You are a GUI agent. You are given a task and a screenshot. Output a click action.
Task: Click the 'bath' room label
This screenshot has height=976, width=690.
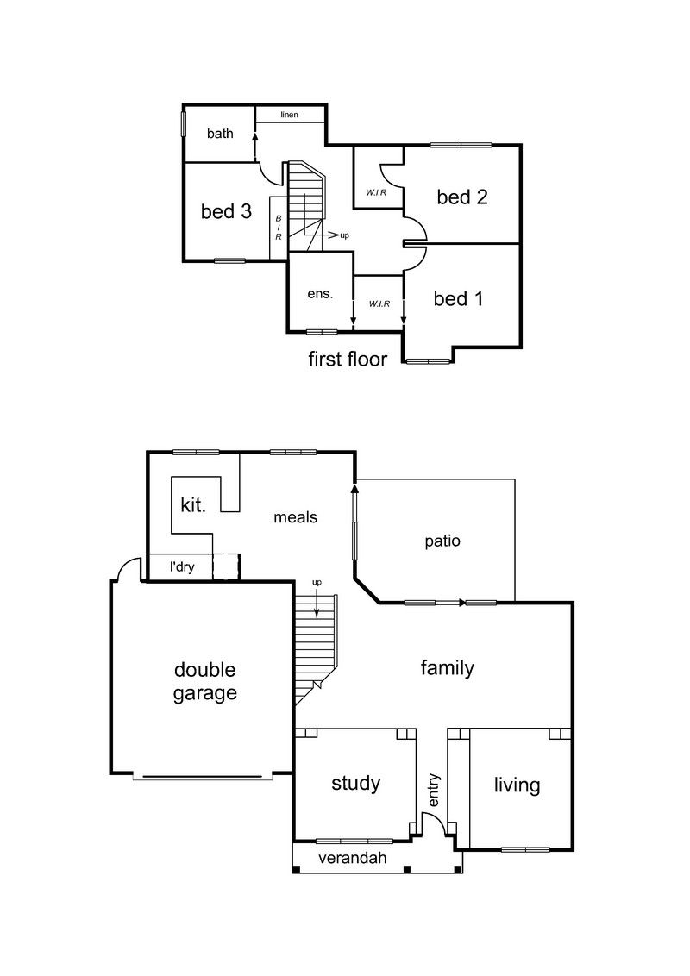point(220,133)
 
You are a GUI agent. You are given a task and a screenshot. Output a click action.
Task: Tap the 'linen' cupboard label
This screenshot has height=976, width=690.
point(289,115)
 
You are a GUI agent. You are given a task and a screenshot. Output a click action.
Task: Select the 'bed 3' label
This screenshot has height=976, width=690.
point(226,211)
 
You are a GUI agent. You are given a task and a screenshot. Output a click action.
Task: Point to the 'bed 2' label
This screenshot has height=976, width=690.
point(462,197)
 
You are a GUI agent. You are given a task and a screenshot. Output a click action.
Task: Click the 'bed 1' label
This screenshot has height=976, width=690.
point(458,299)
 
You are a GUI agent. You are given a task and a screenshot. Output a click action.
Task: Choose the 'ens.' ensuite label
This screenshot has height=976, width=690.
point(320,294)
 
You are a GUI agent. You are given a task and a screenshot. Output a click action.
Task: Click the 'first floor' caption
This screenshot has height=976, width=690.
point(348,360)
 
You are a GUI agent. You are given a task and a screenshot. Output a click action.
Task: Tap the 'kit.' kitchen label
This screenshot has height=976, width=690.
point(193,504)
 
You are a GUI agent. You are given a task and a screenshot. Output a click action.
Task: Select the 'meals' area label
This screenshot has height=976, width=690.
point(295,517)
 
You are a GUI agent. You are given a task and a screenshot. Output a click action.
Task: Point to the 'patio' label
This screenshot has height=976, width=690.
point(442,541)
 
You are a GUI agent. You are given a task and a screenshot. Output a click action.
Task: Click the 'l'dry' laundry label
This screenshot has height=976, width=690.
point(182,567)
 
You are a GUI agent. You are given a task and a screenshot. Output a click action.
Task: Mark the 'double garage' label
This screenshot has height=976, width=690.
point(205,682)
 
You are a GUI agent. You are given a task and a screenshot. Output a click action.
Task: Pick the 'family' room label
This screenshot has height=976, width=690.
point(447,668)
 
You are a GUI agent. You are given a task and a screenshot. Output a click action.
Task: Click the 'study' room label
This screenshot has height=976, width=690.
point(355,784)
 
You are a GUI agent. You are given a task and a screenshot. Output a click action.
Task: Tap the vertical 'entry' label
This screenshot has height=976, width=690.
point(434,790)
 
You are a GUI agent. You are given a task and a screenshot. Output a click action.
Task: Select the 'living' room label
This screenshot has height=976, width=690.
point(517,785)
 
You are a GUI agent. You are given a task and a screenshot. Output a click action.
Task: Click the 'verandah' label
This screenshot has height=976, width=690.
point(353,858)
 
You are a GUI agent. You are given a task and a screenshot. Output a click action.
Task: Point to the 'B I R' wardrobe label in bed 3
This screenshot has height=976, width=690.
point(279,228)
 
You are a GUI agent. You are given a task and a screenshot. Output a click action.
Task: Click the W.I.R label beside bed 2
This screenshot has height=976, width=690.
point(376,193)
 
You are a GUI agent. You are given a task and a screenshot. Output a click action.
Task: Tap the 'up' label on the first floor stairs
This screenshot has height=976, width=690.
point(344,236)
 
